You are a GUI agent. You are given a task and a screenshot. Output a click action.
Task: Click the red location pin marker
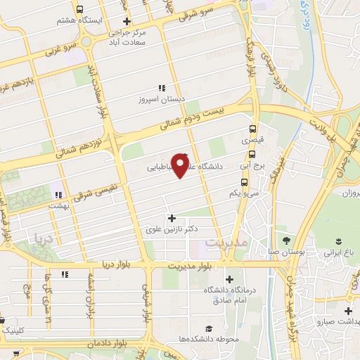pos(180,165)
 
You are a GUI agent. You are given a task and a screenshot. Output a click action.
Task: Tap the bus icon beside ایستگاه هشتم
pos(79,11)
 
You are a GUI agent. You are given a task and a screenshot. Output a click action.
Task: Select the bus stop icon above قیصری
pos(252,129)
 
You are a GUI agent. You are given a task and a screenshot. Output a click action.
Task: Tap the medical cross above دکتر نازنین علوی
pos(172,218)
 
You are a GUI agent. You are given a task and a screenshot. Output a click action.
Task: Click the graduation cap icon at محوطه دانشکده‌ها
pos(209,328)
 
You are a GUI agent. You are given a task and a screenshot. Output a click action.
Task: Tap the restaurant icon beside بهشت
pos(59,194)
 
